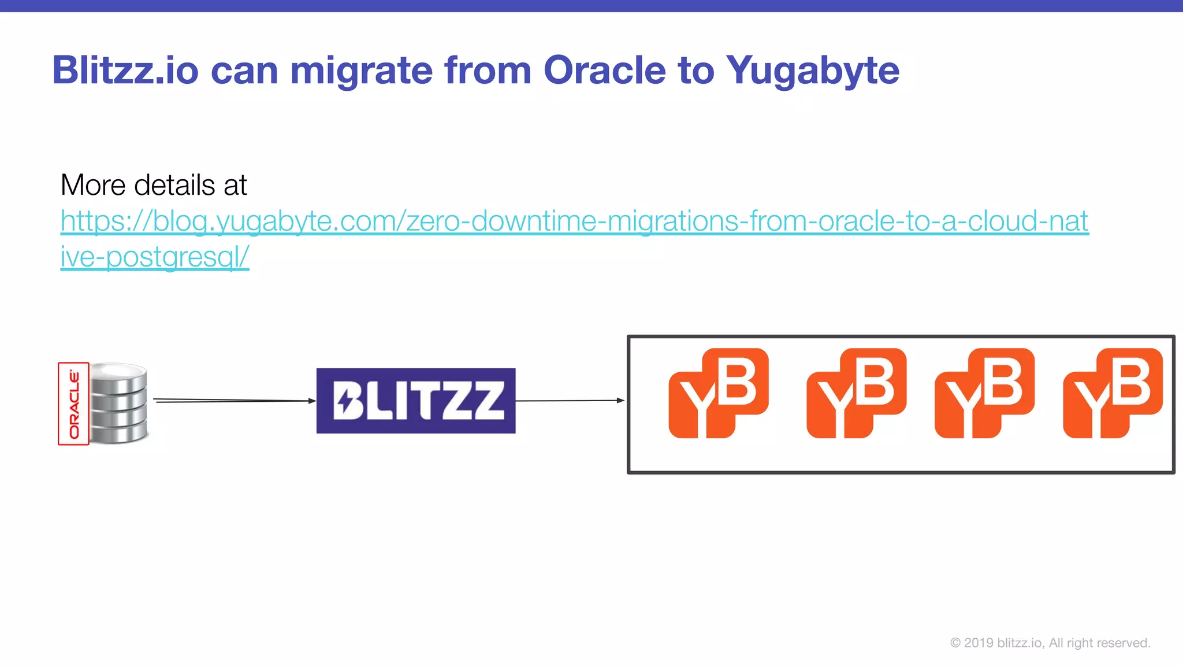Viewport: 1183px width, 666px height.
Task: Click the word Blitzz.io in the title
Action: [125, 71]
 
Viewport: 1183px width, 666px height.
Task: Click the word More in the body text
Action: [93, 186]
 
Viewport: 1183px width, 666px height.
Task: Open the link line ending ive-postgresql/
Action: [155, 257]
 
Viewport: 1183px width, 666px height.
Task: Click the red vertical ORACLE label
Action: [74, 404]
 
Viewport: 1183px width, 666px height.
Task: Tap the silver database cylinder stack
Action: [119, 403]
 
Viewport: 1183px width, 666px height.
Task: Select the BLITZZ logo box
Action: [416, 401]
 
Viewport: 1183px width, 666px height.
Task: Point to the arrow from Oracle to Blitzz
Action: [234, 400]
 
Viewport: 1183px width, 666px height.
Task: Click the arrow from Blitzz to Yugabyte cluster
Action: [570, 400]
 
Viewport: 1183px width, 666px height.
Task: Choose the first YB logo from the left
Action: [718, 393]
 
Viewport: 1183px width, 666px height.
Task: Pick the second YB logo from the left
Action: [856, 393]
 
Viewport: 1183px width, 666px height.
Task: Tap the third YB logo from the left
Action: [984, 393]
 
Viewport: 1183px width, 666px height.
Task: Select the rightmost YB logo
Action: [1113, 393]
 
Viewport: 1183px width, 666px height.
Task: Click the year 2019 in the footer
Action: [979, 643]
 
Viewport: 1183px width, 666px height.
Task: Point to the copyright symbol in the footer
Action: [955, 643]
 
